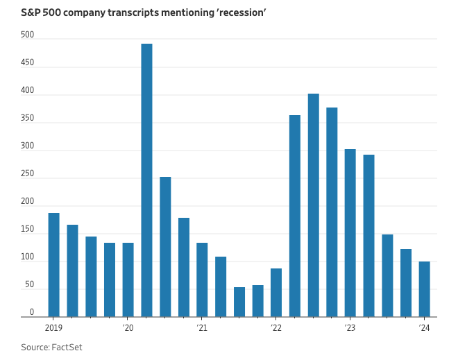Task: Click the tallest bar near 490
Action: click(x=146, y=180)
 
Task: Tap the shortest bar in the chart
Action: click(x=239, y=302)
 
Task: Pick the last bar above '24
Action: click(x=424, y=289)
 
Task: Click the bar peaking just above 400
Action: click(x=313, y=205)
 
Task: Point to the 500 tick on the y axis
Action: click(x=27, y=35)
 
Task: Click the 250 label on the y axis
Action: click(x=27, y=173)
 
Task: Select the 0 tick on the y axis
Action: click(x=31, y=312)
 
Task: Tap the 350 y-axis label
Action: click(x=27, y=118)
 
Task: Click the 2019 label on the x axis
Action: click(x=53, y=327)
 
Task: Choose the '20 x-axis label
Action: click(x=128, y=327)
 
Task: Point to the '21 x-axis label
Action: click(x=202, y=327)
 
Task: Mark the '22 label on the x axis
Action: click(x=276, y=327)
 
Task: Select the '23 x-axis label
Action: click(x=350, y=327)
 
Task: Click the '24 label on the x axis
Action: click(x=424, y=327)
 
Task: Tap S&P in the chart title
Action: click(x=32, y=12)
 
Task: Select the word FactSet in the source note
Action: click(x=67, y=347)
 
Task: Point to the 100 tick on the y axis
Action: click(x=27, y=257)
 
